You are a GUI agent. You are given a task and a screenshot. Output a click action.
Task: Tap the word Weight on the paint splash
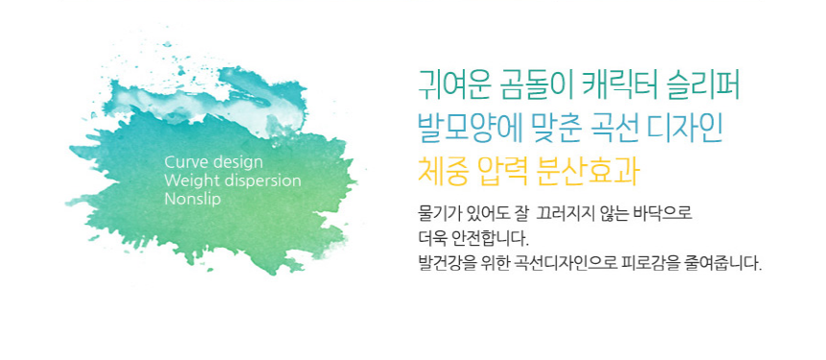190,180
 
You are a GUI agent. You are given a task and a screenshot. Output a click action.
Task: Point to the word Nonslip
193,200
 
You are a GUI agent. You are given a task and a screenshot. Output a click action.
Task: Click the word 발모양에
470,129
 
